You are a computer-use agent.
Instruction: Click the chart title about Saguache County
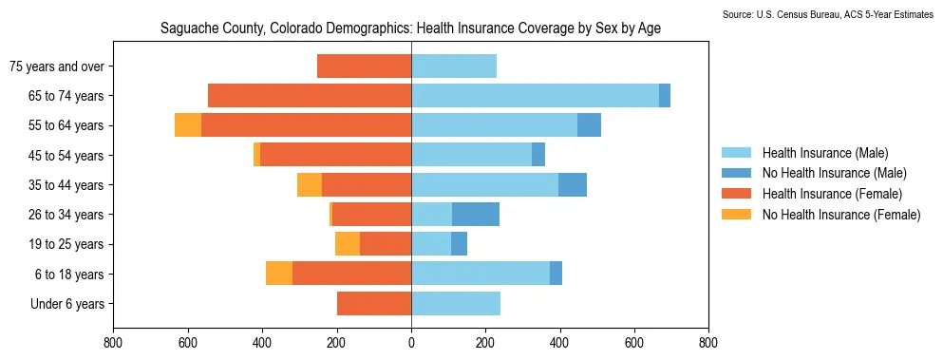tap(411, 28)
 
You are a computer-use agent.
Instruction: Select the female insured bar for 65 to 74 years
tap(310, 96)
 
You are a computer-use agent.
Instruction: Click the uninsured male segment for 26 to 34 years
tap(476, 215)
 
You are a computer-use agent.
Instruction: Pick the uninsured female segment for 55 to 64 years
tap(188, 125)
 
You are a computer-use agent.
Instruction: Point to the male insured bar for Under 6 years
tap(457, 303)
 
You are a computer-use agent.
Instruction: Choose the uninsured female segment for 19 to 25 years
tap(348, 244)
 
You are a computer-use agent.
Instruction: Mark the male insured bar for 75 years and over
tap(454, 66)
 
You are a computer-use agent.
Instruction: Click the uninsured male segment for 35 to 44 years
tap(573, 185)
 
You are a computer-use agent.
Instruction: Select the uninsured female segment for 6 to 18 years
tap(279, 274)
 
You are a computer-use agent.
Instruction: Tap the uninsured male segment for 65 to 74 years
tap(665, 96)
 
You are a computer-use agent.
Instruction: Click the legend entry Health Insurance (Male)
tap(804, 153)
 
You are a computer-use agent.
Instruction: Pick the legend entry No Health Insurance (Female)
tap(820, 215)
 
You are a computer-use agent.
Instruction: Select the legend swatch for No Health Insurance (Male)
tap(736, 174)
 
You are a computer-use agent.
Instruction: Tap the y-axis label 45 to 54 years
tap(66, 156)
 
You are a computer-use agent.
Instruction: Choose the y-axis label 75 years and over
tap(57, 66)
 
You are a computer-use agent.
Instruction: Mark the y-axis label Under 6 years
tap(67, 304)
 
